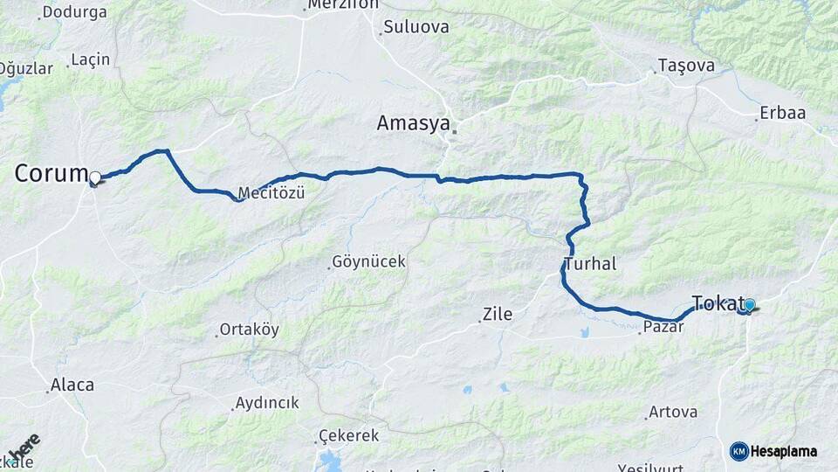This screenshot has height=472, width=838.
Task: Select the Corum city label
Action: pyautogui.click(x=51, y=173)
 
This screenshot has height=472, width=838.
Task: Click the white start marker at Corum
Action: pyautogui.click(x=95, y=177)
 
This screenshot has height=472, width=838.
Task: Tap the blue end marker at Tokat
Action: pyautogui.click(x=749, y=305)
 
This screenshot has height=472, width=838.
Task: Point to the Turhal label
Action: pyautogui.click(x=590, y=263)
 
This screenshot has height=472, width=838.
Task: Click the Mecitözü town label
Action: pyautogui.click(x=271, y=193)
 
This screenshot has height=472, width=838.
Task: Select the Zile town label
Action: pyautogui.click(x=498, y=314)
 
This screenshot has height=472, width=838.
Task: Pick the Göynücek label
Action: pyautogui.click(x=357, y=262)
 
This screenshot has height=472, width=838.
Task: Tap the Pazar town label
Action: pyautogui.click(x=663, y=327)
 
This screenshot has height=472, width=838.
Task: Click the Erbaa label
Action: pyautogui.click(x=782, y=113)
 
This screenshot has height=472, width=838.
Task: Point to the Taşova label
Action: pyautogui.click(x=686, y=66)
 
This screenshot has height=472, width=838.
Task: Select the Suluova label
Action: pyautogui.click(x=416, y=27)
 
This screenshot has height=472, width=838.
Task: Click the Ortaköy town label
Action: pyautogui.click(x=249, y=330)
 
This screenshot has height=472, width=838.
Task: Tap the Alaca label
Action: pyautogui.click(x=72, y=384)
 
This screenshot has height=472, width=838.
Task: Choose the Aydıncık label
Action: pyautogui.click(x=266, y=403)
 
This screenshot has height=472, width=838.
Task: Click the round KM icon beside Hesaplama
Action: pyautogui.click(x=738, y=451)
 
